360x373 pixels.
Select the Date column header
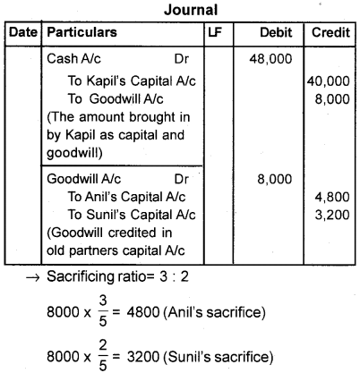click(21, 32)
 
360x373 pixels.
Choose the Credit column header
click(330, 32)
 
